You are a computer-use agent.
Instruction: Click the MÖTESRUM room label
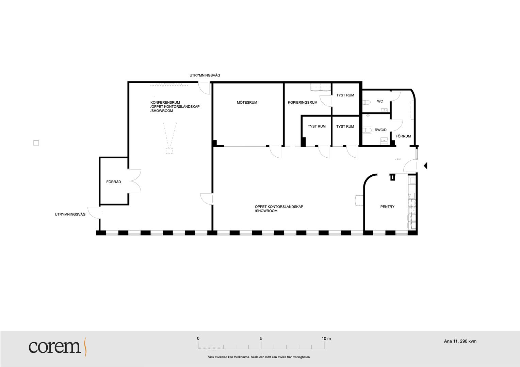point(247,103)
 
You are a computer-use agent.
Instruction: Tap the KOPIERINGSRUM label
point(303,103)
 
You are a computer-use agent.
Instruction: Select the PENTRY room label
point(387,207)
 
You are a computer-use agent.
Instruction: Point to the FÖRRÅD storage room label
point(114,182)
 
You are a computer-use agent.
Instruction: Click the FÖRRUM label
point(403,136)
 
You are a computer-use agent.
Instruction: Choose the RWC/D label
point(380,130)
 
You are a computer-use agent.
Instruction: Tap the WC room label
point(380,101)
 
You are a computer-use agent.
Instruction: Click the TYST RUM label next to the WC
point(345,95)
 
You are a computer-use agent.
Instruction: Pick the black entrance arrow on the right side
point(425,166)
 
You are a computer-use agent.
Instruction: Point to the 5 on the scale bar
point(261,338)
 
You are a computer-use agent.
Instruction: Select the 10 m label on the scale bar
point(326,338)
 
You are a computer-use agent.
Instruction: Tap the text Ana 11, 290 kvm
point(460,341)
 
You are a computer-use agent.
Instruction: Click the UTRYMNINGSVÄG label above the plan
point(205,75)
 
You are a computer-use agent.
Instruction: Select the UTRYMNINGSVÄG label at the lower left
point(70,214)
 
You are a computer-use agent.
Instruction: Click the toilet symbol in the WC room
point(367,102)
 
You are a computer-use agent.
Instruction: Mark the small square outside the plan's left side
point(36,143)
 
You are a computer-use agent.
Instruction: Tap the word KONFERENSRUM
point(165,103)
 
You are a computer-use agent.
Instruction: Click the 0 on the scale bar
point(198,338)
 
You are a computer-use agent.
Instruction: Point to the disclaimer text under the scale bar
point(259,357)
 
